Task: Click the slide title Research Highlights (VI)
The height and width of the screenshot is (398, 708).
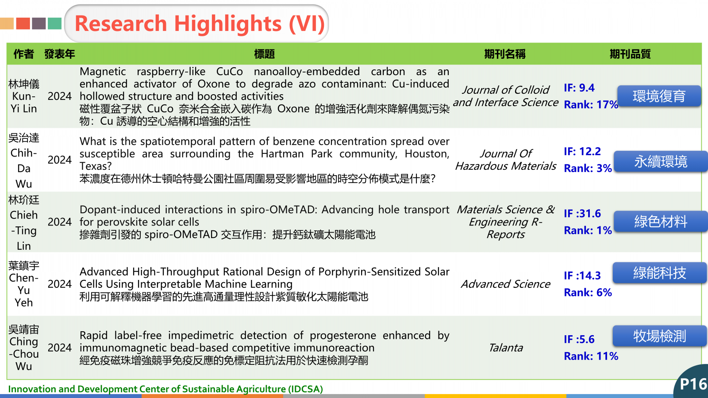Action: point(200,24)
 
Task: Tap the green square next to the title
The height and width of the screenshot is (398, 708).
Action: point(54,24)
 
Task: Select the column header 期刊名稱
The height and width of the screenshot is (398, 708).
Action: point(505,54)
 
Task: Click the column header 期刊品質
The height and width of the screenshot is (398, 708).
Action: point(630,54)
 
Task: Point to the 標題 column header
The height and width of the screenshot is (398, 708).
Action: point(264,54)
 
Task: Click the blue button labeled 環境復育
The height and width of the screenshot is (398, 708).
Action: point(659,96)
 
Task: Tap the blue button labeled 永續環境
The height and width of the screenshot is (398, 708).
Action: point(661,161)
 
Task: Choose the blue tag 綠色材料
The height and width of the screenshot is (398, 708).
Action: point(661,222)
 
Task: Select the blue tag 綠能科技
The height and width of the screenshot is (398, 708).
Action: point(660,272)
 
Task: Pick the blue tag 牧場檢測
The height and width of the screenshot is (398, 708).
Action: point(660,336)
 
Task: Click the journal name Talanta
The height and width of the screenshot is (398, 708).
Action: point(505,348)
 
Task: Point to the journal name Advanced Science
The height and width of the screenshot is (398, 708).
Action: point(505,284)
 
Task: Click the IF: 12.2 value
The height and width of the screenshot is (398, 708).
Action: point(582,151)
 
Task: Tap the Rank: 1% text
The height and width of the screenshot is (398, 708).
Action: point(588,230)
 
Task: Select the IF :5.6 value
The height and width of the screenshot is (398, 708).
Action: point(579,339)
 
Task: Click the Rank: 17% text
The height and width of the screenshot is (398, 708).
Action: point(591,104)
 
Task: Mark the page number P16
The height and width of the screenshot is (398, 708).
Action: point(693,384)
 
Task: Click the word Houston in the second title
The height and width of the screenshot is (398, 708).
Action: point(427,154)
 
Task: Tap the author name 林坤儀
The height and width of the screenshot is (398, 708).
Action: point(24,84)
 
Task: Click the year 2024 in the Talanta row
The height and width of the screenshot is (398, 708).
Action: point(59,348)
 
